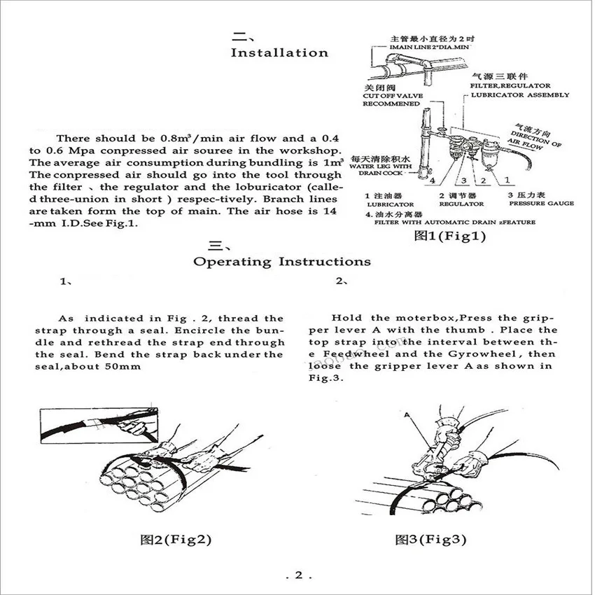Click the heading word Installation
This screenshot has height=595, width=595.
click(279, 52)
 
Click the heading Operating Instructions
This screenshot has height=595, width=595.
click(281, 262)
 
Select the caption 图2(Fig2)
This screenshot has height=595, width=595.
click(176, 539)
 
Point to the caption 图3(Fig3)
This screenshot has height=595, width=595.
click(431, 539)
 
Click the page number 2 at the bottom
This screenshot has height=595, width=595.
click(297, 575)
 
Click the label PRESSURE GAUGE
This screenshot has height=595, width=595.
click(541, 204)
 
